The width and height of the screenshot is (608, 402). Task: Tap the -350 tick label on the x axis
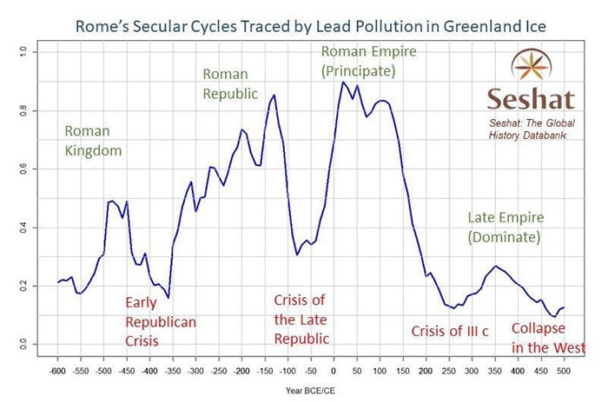(173, 371)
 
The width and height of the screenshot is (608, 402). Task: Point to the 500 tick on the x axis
(564, 371)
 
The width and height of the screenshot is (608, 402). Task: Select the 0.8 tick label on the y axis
(23, 111)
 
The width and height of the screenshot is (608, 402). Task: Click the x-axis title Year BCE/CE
(310, 391)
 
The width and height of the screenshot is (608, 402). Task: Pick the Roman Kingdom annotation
(93, 141)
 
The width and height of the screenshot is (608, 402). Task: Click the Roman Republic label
(230, 83)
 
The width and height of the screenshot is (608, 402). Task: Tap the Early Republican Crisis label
(161, 321)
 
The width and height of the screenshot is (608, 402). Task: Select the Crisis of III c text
(450, 332)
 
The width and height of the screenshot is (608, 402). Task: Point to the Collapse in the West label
(548, 338)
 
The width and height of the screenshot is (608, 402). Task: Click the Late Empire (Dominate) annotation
(506, 227)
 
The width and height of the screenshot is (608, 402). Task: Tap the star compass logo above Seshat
(532, 64)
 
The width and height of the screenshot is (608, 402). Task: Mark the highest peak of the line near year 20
(343, 82)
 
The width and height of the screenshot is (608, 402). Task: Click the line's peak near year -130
(274, 95)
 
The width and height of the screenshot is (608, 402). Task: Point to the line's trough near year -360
(169, 297)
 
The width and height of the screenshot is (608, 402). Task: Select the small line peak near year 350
(495, 266)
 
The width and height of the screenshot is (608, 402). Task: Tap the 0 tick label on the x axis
(334, 371)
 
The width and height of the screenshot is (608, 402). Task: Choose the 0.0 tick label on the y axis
(23, 344)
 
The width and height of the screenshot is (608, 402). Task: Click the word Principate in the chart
(359, 71)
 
